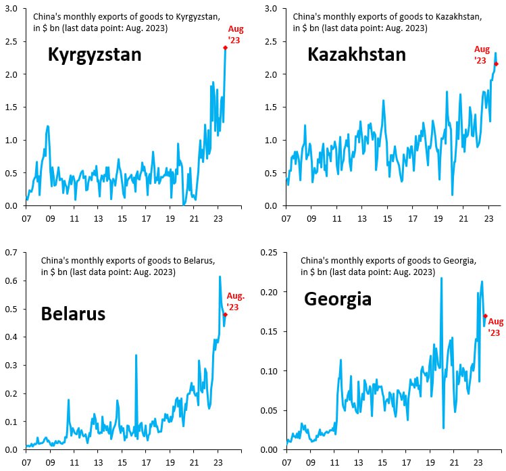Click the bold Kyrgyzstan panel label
95,55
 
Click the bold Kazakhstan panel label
357,55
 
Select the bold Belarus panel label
74,314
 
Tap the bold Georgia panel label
338,298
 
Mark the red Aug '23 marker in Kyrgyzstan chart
225,47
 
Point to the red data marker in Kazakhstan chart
496,64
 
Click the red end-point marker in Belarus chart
225,314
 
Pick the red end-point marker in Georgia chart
485,316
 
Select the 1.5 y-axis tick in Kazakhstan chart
270,107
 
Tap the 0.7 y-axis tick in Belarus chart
11,253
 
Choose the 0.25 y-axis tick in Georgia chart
268,253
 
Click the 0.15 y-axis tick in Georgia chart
268,331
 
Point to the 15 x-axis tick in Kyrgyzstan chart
122,219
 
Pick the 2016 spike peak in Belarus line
136,355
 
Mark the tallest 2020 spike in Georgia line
441,278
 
